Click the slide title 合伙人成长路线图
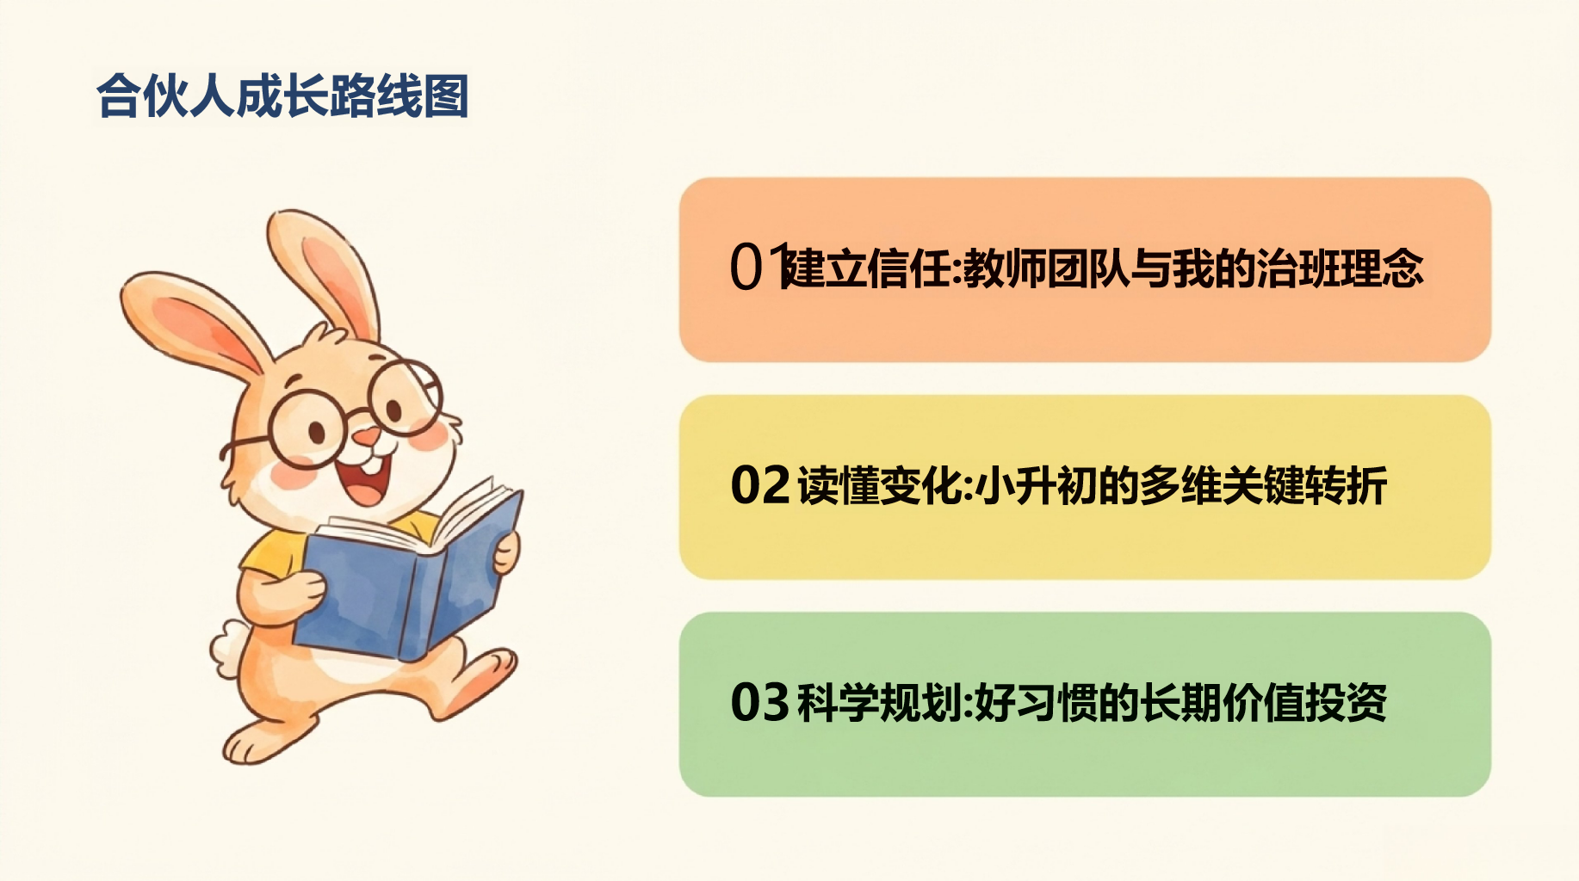(282, 95)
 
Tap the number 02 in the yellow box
(760, 485)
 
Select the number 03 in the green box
(760, 702)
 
